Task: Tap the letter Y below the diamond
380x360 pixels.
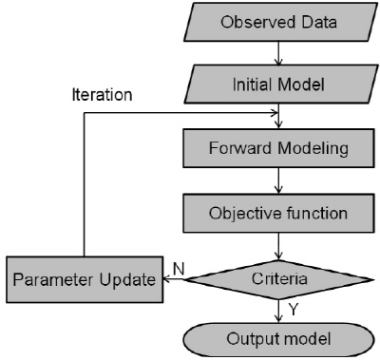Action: coord(294,310)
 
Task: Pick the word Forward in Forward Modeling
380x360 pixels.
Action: coord(244,148)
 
